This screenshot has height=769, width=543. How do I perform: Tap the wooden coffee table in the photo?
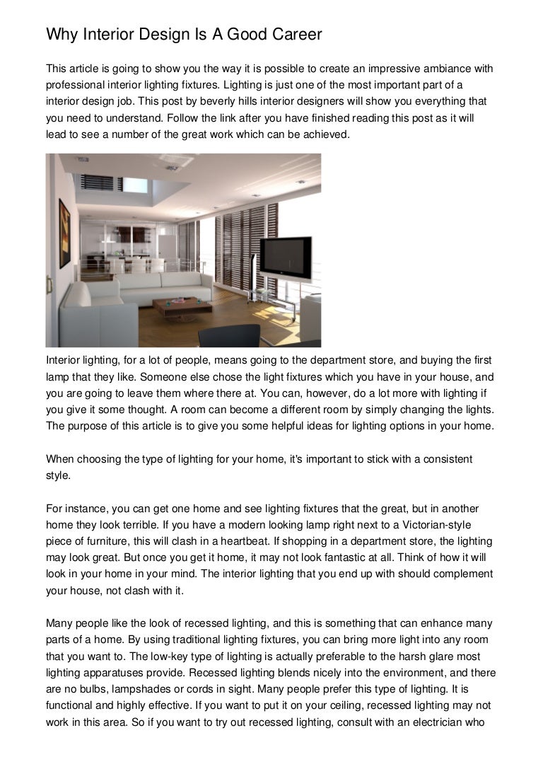pos(182,305)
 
